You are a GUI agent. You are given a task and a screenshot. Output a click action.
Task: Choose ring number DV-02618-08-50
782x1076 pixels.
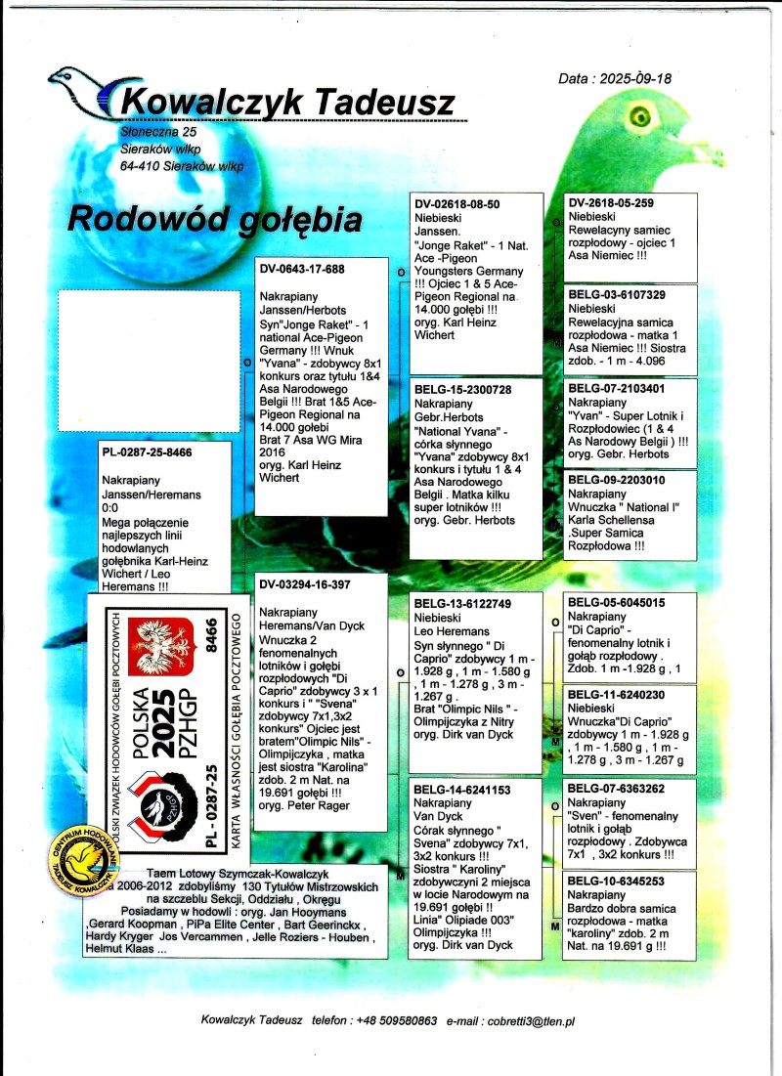[457, 204]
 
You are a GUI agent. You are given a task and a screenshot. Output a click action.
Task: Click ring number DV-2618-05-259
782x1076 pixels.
[611, 203]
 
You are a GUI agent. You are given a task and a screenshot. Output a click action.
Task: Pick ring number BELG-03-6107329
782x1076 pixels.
[617, 295]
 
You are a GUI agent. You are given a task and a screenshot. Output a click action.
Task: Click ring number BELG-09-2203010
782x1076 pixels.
[617, 481]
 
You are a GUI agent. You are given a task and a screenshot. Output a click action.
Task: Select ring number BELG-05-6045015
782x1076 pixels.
[617, 603]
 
